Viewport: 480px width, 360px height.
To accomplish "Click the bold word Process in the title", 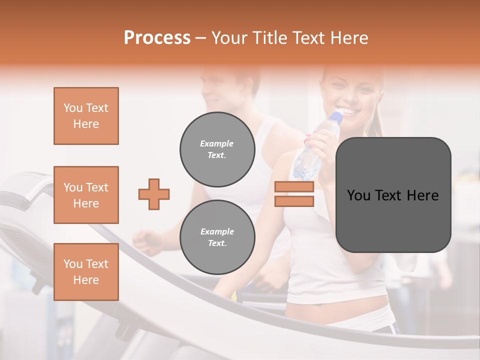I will [x=157, y=37].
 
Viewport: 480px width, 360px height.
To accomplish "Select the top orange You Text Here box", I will [x=86, y=116].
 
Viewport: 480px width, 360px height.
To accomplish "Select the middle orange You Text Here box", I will [x=86, y=195].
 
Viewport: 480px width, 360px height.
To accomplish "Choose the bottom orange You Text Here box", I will [x=86, y=272].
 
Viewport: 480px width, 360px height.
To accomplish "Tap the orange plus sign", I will [x=154, y=194].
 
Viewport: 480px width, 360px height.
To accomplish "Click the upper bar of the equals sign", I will [x=294, y=187].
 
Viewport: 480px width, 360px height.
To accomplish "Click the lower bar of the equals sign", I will [x=294, y=201].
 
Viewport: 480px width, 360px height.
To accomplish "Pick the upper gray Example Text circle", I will [x=217, y=149].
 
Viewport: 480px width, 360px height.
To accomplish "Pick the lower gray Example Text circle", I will [x=217, y=237].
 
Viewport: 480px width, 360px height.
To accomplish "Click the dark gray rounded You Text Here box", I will [x=393, y=195].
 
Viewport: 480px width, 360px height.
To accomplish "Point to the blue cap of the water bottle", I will [x=336, y=117].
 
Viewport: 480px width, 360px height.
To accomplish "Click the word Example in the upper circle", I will [x=217, y=143].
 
